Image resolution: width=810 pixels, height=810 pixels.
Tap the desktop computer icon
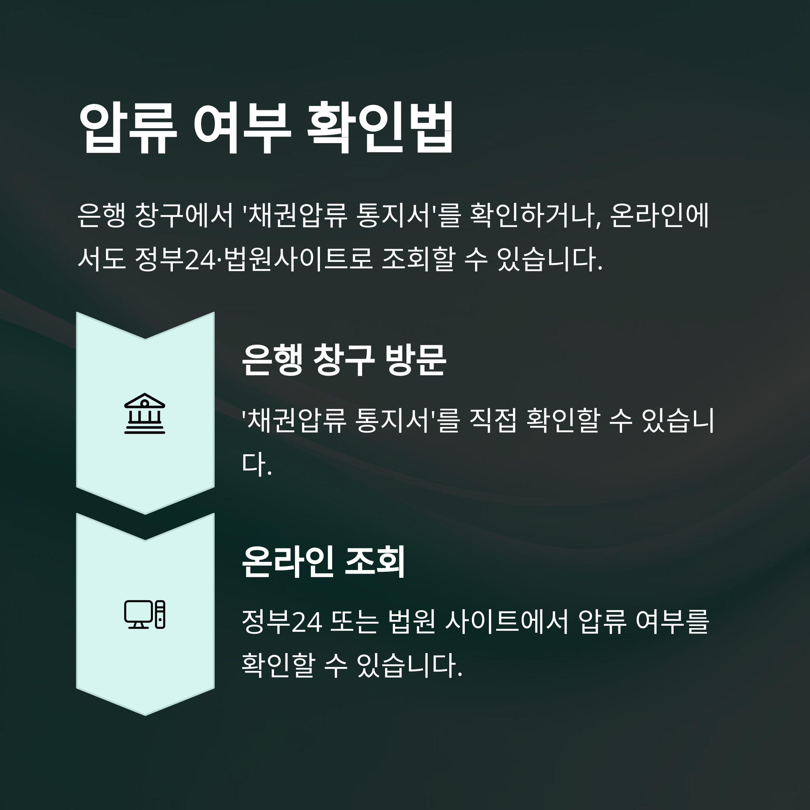coord(145,614)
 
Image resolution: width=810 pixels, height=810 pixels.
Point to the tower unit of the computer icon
coord(160,614)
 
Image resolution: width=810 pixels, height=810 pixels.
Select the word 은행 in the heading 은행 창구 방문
coord(272,360)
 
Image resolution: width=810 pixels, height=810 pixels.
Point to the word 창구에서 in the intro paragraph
coord(185,216)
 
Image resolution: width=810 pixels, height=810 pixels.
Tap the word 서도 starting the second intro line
coord(102,259)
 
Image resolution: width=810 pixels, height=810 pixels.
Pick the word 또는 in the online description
coord(355,622)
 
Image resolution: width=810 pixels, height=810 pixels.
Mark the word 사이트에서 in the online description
coord(507,622)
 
